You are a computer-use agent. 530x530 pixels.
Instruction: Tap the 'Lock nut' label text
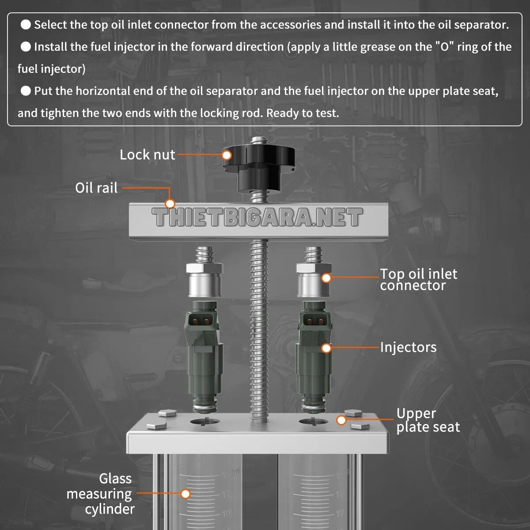coord(148,155)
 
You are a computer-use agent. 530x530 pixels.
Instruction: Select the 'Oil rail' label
coord(96,188)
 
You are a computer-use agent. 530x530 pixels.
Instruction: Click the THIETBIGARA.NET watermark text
coord(257,217)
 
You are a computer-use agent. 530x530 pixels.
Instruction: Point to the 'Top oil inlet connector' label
coord(419,280)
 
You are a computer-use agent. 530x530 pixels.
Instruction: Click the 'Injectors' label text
coord(409,348)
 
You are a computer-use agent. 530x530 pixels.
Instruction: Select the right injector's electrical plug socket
coord(314,321)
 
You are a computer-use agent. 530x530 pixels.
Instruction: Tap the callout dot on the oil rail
coord(170,204)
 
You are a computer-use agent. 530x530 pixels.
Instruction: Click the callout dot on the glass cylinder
coord(185,494)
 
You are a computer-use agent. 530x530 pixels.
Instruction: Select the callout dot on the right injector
coord(326,348)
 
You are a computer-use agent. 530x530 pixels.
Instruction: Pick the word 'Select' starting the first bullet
coord(50,25)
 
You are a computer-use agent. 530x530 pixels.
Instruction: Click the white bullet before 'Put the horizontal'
coord(26,91)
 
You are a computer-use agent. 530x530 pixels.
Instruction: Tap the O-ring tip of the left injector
coord(204,408)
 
